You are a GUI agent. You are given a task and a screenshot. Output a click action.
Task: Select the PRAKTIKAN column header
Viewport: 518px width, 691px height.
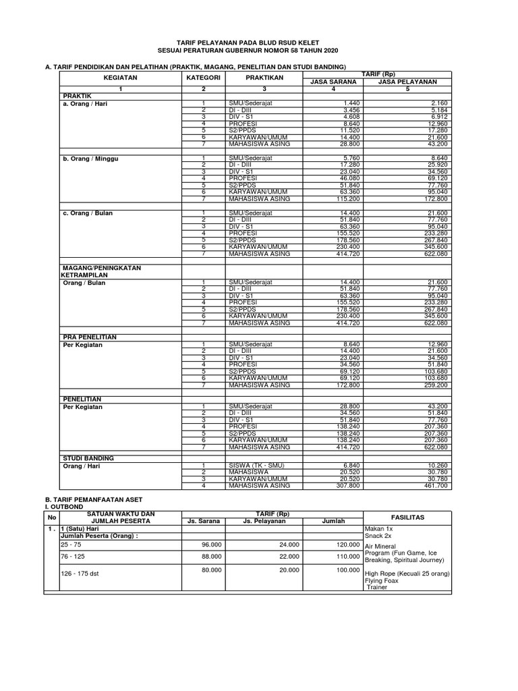coord(264,78)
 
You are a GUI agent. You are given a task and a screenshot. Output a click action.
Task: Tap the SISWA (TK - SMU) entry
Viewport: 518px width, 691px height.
coord(255,466)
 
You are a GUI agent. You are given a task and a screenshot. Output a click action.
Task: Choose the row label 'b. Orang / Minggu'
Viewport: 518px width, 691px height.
coord(88,159)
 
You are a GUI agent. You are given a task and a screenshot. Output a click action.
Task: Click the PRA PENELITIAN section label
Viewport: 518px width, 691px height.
coord(90,336)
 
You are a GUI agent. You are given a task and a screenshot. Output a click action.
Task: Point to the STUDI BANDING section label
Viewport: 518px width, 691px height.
coord(88,458)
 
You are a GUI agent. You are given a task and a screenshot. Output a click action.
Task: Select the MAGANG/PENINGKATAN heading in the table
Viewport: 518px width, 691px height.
coord(101,268)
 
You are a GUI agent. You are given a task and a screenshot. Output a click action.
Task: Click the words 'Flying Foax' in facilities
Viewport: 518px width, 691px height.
coord(382,580)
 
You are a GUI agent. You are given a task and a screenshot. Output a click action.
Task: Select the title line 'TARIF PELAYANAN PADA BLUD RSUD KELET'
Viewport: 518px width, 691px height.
coord(258,42)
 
